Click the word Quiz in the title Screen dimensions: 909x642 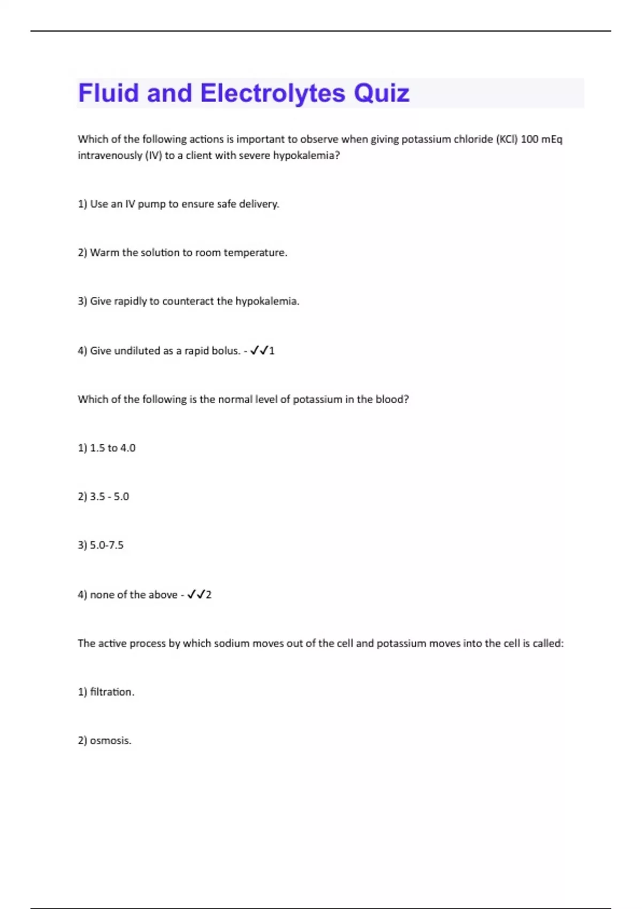click(381, 94)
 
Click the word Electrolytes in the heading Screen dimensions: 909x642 click(273, 94)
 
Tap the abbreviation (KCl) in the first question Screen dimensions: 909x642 click(507, 140)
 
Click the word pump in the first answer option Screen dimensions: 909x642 click(151, 204)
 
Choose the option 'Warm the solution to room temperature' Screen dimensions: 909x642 click(182, 252)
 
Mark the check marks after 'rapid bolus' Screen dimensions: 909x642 click(259, 351)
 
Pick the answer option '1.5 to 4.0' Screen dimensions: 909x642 click(106, 448)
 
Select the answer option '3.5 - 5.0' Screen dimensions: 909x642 click(103, 497)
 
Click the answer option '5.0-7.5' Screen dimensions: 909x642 click(101, 545)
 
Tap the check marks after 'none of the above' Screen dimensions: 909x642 click(196, 595)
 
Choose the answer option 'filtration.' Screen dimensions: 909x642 click(106, 692)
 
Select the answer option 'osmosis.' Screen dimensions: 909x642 click(104, 741)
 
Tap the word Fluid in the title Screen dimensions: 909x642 click(109, 94)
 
